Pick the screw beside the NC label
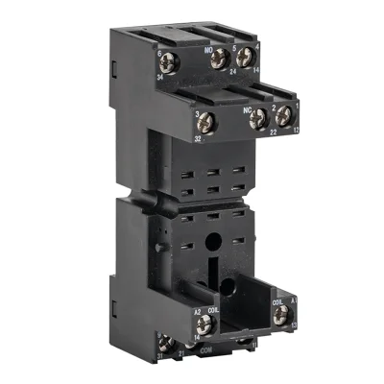click(x=257, y=118)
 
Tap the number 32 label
click(x=197, y=138)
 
